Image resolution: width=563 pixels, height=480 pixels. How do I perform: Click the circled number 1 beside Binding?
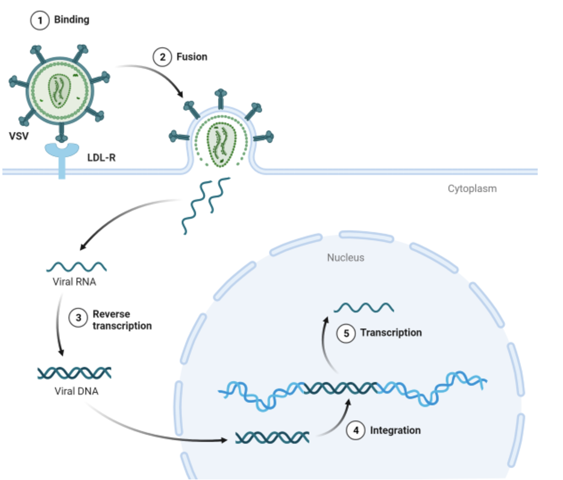tap(40, 21)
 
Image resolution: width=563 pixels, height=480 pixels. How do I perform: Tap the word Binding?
tap(72, 20)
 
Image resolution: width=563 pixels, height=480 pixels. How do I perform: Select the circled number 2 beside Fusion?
tap(162, 57)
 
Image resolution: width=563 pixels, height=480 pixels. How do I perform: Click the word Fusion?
tap(192, 57)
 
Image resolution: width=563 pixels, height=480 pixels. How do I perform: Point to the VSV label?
tap(19, 136)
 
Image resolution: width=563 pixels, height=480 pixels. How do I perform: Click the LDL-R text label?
tap(102, 158)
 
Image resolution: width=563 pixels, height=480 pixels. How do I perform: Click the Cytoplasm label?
tap(472, 189)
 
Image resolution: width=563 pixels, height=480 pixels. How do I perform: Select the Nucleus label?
tap(345, 257)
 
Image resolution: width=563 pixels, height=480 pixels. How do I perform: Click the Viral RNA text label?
tap(74, 282)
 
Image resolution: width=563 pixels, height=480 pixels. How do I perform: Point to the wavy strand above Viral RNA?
tap(77, 267)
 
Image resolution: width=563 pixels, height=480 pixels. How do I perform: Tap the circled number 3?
tap(78, 318)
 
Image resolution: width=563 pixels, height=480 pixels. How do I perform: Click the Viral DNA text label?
tap(77, 391)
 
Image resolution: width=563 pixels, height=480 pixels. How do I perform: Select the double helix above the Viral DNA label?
tap(74, 373)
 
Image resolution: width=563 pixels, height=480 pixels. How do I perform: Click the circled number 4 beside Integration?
tap(356, 431)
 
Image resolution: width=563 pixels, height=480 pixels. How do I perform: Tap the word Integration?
tap(395, 431)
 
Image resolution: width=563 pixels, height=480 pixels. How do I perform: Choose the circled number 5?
tap(346, 333)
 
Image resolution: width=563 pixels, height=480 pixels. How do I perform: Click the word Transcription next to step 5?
tap(391, 333)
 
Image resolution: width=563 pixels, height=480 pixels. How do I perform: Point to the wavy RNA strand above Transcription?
tap(363, 308)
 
